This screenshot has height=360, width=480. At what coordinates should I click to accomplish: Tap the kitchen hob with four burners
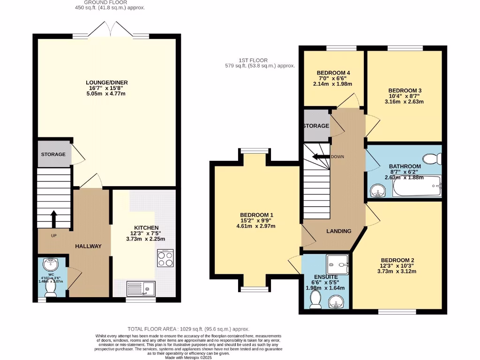pos(165,258)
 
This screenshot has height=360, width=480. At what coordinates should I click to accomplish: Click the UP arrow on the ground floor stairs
pos(53,219)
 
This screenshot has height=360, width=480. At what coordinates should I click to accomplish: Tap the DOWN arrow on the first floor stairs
pos(320,157)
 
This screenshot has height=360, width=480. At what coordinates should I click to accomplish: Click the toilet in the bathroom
pos(432,159)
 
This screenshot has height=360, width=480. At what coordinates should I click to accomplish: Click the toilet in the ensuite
pos(316,299)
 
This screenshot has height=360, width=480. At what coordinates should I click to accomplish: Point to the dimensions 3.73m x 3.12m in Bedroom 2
pos(398,271)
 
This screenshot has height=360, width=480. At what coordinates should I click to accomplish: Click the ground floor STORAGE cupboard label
pos(53,154)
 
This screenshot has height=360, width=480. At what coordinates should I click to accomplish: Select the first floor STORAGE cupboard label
pos(316,126)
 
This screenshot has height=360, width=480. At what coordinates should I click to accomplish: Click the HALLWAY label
pos(88,246)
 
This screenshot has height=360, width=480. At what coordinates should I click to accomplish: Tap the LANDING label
pos(339,231)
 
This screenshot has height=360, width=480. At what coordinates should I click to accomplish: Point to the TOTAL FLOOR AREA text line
pos(188,329)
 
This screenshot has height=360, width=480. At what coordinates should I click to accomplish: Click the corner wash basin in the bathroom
pos(377,190)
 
